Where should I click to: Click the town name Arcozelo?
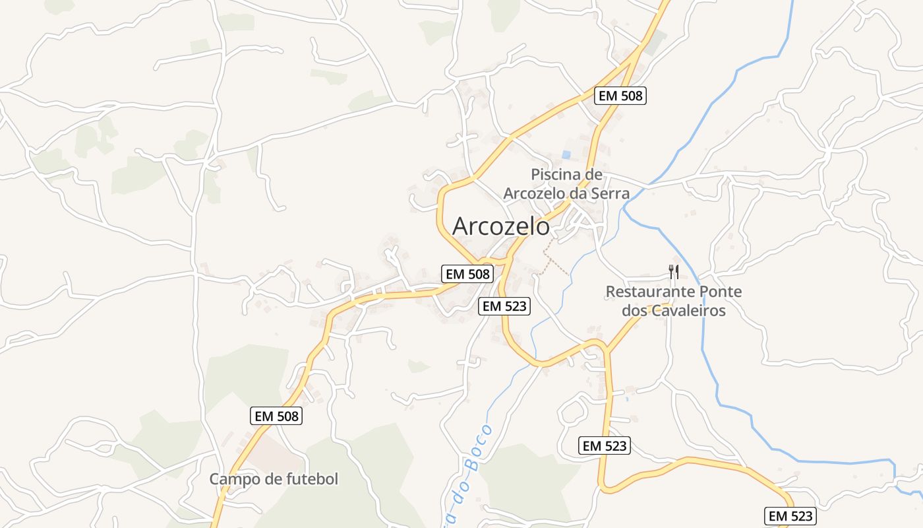(501, 226)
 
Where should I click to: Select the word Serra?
(610, 193)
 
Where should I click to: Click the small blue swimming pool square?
(566, 154)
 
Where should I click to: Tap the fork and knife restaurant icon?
(673, 271)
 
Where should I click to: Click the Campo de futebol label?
(274, 479)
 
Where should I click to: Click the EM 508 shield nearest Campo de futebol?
(277, 416)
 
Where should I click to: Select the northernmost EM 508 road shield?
(620, 95)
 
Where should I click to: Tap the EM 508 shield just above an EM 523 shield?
(467, 273)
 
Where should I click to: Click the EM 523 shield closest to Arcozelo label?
(504, 306)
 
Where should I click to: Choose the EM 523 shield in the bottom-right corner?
(790, 515)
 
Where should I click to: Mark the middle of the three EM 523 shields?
(605, 445)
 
